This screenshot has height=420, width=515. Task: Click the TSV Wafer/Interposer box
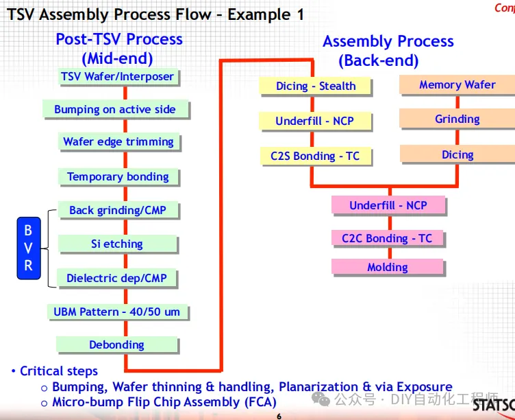click(x=118, y=76)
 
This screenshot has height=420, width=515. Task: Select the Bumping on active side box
click(x=114, y=109)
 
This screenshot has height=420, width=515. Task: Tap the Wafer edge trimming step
click(x=118, y=142)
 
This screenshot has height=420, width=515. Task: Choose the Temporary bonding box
click(x=118, y=176)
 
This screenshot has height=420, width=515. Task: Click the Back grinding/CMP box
click(x=118, y=210)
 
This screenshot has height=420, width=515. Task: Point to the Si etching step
click(x=117, y=244)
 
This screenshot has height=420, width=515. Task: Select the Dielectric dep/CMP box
click(x=117, y=278)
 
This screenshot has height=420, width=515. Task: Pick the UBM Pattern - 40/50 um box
click(x=117, y=312)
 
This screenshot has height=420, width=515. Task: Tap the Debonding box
click(x=116, y=345)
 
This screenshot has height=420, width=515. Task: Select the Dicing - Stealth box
click(x=316, y=86)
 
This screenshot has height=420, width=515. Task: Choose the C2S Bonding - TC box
click(x=315, y=156)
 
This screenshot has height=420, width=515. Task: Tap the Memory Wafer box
click(x=457, y=84)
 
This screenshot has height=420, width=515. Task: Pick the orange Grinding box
click(x=457, y=119)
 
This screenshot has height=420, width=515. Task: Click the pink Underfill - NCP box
click(x=388, y=205)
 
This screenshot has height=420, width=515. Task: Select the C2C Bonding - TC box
click(x=387, y=238)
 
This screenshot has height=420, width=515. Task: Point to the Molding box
click(x=387, y=267)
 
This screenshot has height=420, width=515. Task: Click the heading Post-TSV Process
click(x=119, y=39)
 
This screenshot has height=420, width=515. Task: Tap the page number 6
click(x=279, y=416)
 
